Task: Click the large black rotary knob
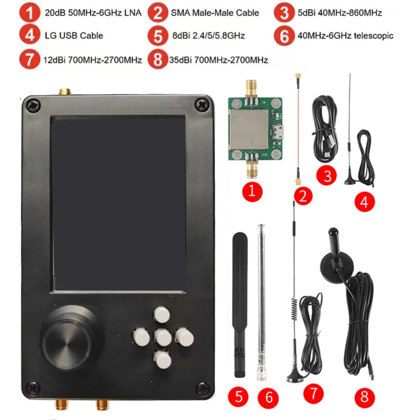[70, 338]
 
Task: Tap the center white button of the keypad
[163, 337]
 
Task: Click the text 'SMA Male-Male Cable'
[215, 13]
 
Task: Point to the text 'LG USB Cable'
[73, 36]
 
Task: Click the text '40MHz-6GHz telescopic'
[345, 36]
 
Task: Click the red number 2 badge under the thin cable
[303, 197]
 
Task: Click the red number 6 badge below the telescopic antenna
[269, 397]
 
